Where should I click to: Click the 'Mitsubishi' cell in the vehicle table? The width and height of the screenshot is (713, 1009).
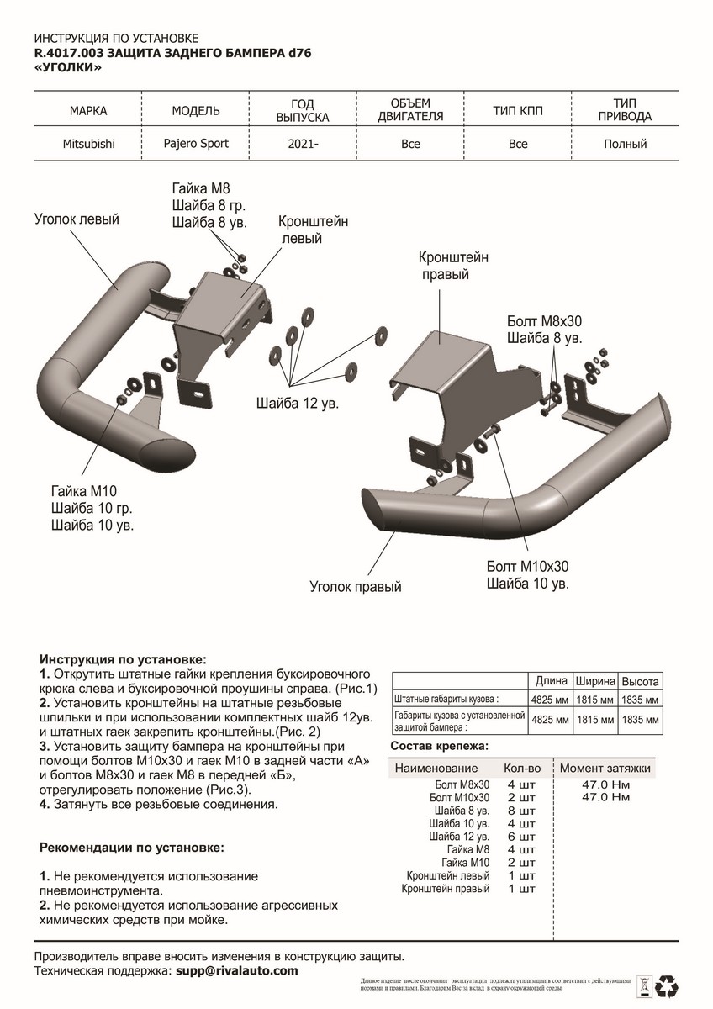click(x=88, y=144)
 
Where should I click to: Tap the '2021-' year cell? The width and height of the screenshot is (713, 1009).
click(x=303, y=144)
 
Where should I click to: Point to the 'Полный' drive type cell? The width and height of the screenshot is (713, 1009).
click(x=625, y=144)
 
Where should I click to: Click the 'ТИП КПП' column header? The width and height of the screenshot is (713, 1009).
click(x=518, y=110)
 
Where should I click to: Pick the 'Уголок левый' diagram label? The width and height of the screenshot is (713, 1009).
click(x=77, y=219)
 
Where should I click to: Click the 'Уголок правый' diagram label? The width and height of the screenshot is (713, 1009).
click(x=355, y=586)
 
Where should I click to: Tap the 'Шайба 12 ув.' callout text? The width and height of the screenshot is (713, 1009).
click(x=297, y=404)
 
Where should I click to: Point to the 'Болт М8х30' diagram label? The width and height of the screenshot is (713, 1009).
click(x=544, y=321)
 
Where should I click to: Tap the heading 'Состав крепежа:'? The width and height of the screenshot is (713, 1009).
click(x=440, y=746)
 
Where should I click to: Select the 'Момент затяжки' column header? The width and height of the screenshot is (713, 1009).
click(x=605, y=769)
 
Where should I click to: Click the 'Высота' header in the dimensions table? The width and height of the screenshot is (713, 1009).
click(x=642, y=681)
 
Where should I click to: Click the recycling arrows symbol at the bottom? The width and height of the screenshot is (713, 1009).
click(x=670, y=985)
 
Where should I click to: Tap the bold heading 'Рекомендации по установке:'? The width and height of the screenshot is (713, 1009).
click(x=132, y=848)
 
